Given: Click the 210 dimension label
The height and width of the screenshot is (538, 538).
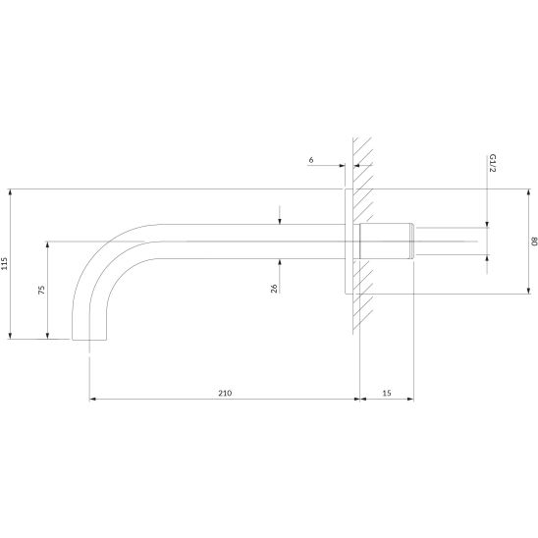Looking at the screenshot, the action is coord(225,393).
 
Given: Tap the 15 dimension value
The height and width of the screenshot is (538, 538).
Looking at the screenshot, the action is coord(387,393).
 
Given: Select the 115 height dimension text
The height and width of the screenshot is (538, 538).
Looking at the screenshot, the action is coord(4,263).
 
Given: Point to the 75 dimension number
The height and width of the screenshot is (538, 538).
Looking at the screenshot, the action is coord(41,290).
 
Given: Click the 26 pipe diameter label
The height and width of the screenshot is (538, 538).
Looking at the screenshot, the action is coord(274,289).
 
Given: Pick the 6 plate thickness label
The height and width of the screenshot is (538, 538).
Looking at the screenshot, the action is coord(311,160).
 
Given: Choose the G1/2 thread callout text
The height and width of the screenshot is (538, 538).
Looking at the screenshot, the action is coord(493,163).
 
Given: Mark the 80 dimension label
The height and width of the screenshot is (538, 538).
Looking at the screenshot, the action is coord(534,242).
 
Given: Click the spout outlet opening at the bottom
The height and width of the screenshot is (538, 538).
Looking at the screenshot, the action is coord(89,340).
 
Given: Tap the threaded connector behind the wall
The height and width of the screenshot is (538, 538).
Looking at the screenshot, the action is coord(387,241).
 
